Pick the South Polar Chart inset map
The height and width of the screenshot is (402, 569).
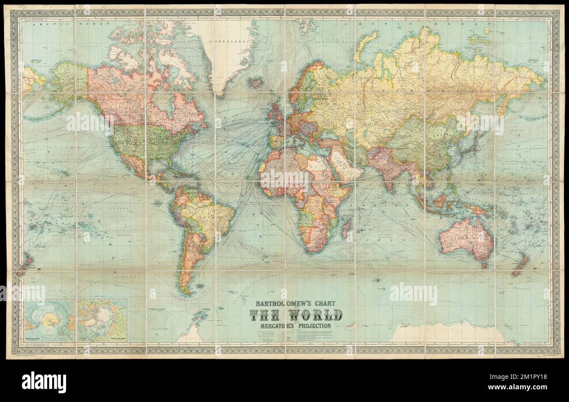coord(49,320)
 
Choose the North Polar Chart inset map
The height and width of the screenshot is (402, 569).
coord(102,320)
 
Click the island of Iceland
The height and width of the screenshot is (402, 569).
coord(254,82)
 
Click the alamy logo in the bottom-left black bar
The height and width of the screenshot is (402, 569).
coord(44,381)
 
